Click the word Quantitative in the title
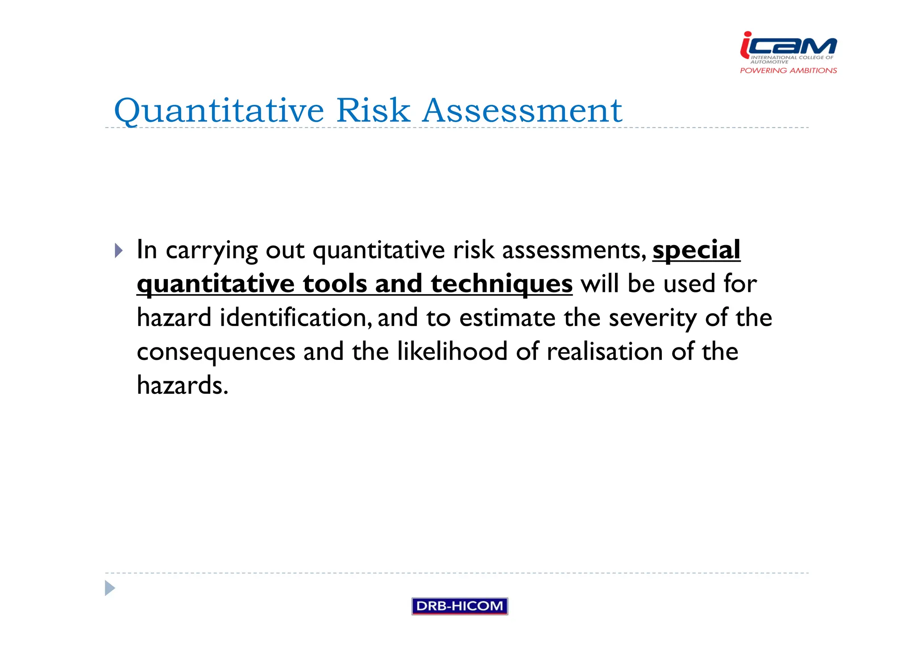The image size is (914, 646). [x=219, y=111]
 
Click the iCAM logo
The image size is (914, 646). [x=788, y=46]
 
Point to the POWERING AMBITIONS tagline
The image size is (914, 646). [x=788, y=71]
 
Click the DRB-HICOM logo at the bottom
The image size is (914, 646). [x=459, y=606]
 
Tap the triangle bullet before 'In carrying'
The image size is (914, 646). [x=118, y=250]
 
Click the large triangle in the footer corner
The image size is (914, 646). [x=110, y=588]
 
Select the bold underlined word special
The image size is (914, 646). [x=696, y=250]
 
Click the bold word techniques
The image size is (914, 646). [x=501, y=284]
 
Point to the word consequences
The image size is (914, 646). [x=216, y=352]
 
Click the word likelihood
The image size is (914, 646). [x=452, y=351]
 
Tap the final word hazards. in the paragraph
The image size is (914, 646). [x=183, y=385]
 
